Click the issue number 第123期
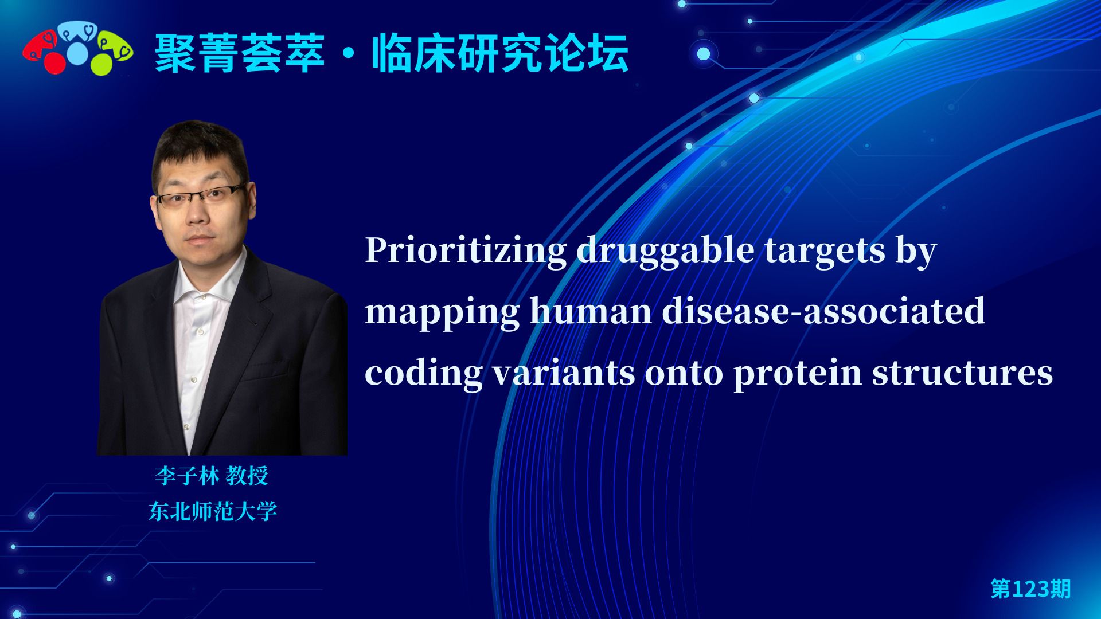point(1030,589)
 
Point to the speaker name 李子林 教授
point(212,476)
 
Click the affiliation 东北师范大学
point(213,511)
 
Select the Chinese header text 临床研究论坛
point(500,54)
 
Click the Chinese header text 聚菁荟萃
point(240,54)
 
